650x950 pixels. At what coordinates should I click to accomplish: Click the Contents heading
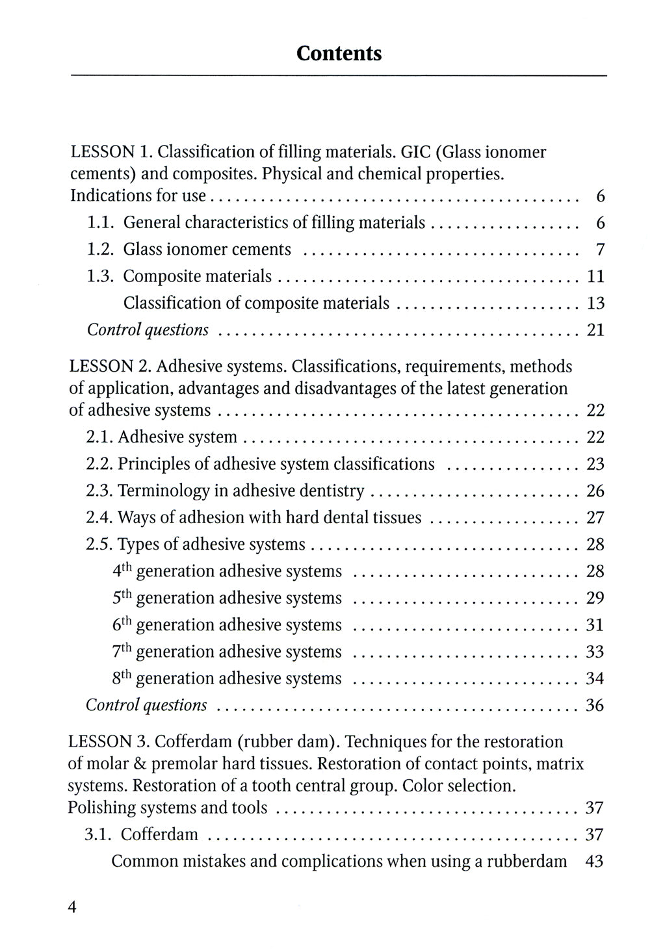339,53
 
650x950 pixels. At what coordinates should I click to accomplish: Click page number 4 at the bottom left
72,907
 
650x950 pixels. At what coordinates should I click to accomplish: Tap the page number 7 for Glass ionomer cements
600,250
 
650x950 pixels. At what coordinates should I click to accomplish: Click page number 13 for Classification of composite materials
595,303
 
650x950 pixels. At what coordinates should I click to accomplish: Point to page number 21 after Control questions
595,330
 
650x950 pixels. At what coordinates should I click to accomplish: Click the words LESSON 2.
110,366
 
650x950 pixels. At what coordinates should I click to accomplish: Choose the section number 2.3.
99,491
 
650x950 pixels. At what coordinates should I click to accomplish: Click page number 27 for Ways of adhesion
595,518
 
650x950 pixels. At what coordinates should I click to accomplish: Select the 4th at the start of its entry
122,571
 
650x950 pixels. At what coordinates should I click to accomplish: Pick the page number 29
595,598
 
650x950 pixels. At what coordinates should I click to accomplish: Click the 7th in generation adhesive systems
122,651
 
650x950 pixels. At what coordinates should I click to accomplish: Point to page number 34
595,678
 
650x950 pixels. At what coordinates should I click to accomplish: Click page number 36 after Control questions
595,705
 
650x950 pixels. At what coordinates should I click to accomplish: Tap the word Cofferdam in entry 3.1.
159,834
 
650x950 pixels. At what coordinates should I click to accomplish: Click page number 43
595,862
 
